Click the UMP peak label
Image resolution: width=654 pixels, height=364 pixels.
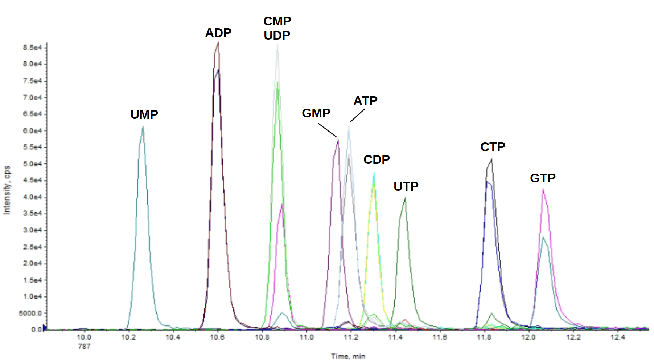144,115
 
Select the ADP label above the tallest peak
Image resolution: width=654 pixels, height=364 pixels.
218,33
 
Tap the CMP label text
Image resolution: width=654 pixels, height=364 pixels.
277,21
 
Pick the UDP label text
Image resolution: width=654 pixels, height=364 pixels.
277,36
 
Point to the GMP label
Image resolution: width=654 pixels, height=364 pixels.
316,113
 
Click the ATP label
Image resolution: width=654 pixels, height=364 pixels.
365,101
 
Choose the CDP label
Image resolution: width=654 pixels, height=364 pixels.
377,159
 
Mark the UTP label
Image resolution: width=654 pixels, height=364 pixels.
406,187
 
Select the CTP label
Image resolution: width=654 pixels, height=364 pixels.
493,147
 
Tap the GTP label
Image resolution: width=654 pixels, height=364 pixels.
543,178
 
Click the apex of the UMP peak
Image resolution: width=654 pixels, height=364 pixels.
143,127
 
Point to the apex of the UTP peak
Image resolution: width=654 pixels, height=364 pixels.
405,198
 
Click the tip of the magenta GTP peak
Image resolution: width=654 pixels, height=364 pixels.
543,189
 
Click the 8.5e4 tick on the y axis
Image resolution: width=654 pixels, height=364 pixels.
33,48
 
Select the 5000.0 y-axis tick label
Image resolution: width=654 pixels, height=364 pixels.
30,313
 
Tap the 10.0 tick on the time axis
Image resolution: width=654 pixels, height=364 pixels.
84,337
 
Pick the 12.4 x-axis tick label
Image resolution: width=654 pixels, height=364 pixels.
618,337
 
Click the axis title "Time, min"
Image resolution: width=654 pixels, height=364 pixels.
348,356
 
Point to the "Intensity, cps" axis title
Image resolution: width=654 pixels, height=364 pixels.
7,190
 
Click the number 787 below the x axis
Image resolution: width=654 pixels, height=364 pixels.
84,347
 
